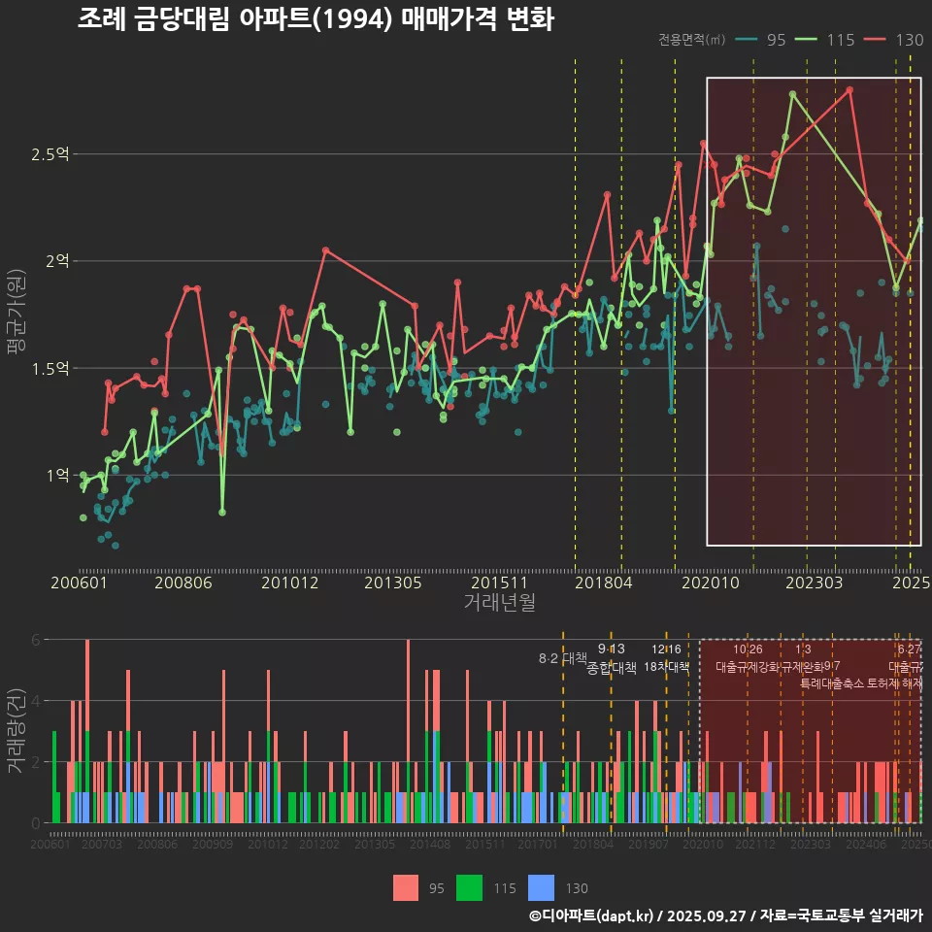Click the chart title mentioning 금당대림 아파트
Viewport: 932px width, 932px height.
click(x=315, y=18)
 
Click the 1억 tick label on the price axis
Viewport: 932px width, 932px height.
click(x=57, y=475)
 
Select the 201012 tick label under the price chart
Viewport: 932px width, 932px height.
click(x=290, y=583)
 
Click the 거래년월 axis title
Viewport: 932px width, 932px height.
click(x=499, y=603)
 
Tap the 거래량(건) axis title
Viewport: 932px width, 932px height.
click(x=17, y=730)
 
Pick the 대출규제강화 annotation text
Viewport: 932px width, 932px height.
click(x=748, y=667)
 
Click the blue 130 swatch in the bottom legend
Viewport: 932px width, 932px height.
click(x=541, y=887)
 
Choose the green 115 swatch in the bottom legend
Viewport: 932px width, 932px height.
click(x=470, y=887)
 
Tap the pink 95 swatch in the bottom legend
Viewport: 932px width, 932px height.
click(x=406, y=887)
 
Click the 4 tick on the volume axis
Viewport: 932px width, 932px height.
click(x=35, y=700)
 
